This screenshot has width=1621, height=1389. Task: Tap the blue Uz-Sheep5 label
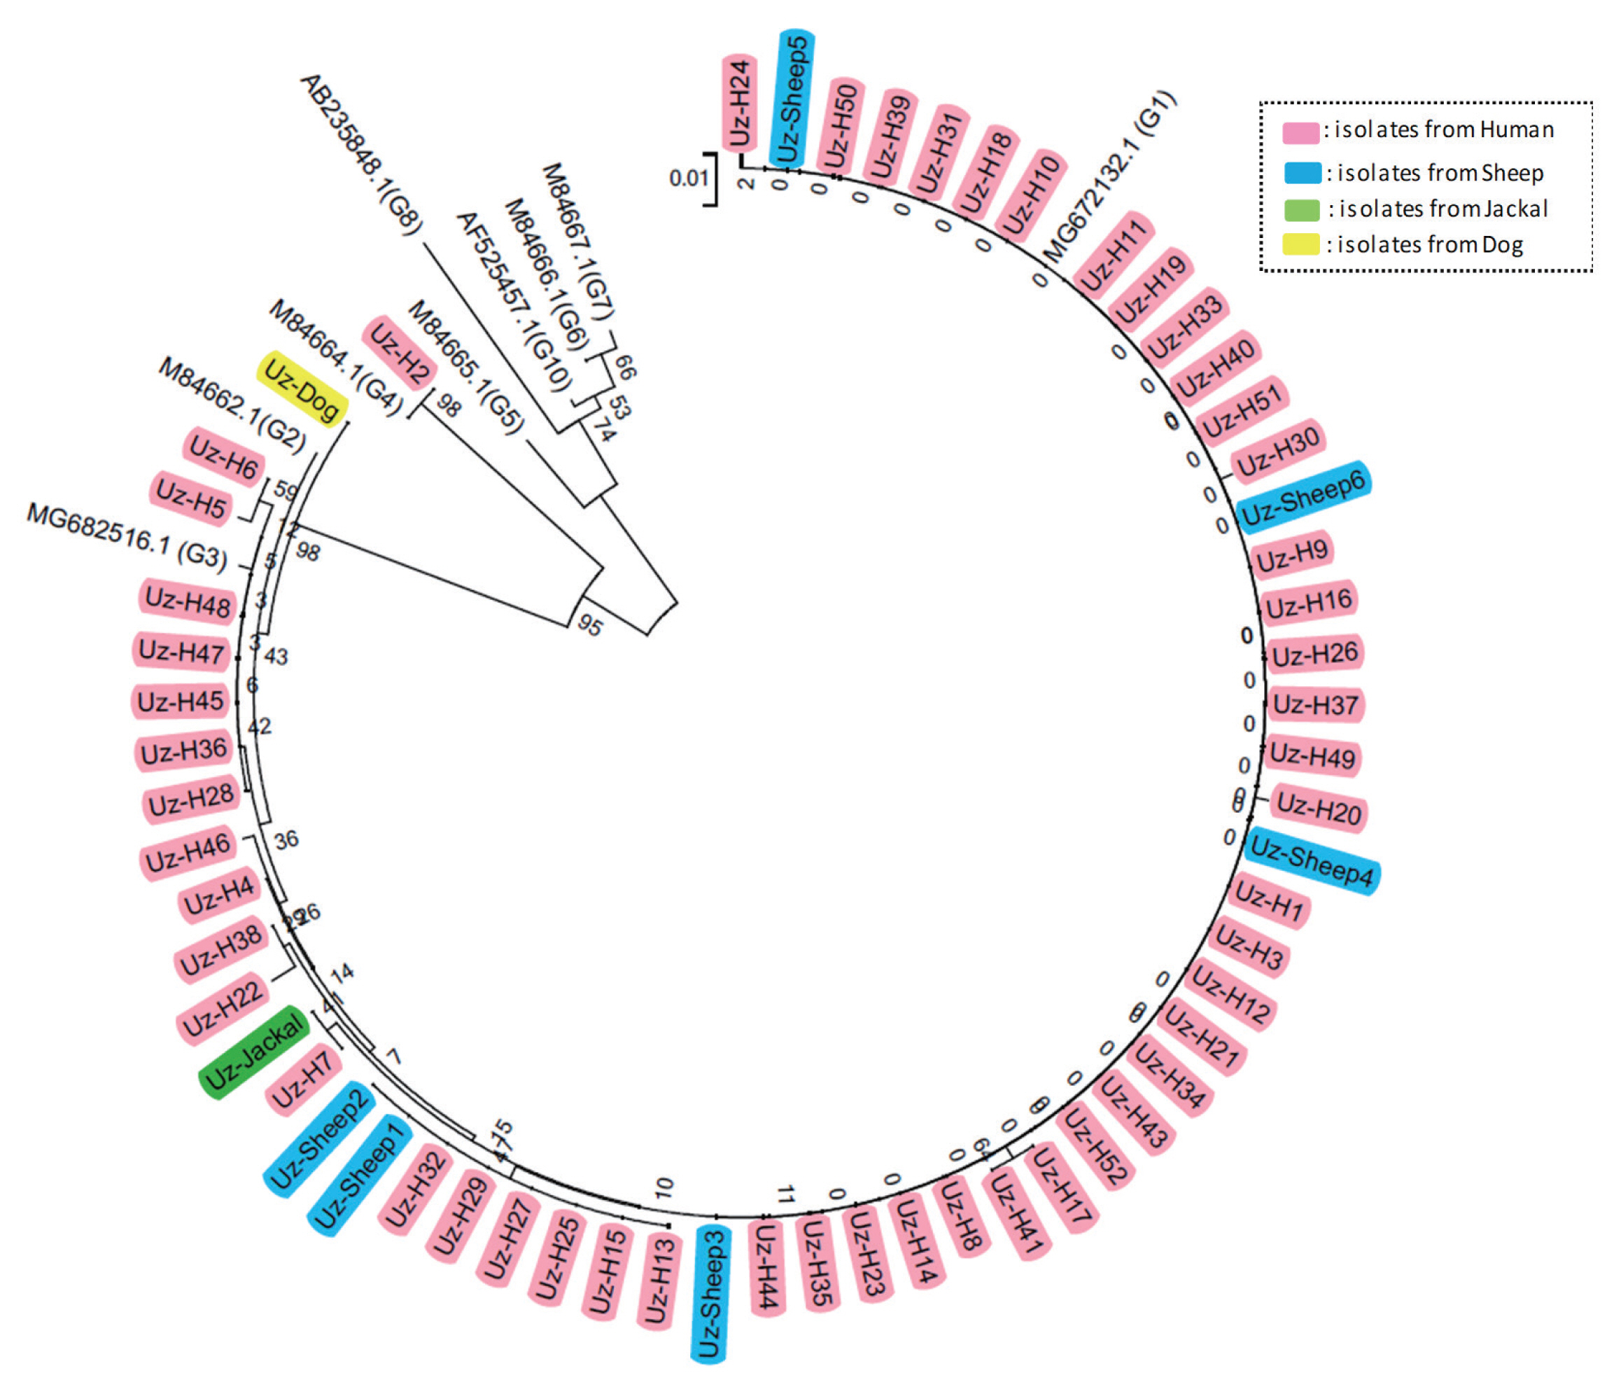point(794,97)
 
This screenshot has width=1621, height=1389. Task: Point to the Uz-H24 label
point(738,102)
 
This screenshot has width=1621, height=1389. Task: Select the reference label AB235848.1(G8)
point(360,153)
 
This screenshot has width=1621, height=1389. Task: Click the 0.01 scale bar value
point(689,179)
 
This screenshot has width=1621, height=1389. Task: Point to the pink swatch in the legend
point(1300,132)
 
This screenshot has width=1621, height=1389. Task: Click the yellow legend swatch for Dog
point(1300,244)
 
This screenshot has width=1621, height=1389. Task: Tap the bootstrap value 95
point(590,624)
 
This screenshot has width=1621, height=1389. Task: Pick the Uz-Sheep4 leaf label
point(1311,861)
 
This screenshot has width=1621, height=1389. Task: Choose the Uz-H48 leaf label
point(188,603)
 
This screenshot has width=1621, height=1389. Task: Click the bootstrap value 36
point(286,839)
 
